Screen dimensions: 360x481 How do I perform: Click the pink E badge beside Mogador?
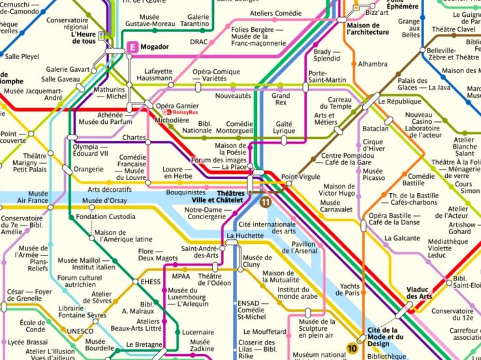(x=134, y=47)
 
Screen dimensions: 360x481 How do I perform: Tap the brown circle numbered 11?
(x=265, y=203)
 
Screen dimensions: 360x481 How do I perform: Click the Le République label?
(x=399, y=102)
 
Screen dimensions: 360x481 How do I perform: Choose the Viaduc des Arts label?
(x=419, y=293)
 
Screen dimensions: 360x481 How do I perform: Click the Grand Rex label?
(x=281, y=99)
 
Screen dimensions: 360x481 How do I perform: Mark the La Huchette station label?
(x=245, y=235)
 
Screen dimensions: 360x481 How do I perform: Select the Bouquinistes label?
(x=187, y=193)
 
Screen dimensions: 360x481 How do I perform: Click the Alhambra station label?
(x=373, y=64)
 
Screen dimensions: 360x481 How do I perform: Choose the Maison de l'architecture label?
(x=368, y=27)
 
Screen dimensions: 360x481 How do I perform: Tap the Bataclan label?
(x=375, y=128)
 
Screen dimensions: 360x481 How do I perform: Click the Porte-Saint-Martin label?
(x=327, y=76)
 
